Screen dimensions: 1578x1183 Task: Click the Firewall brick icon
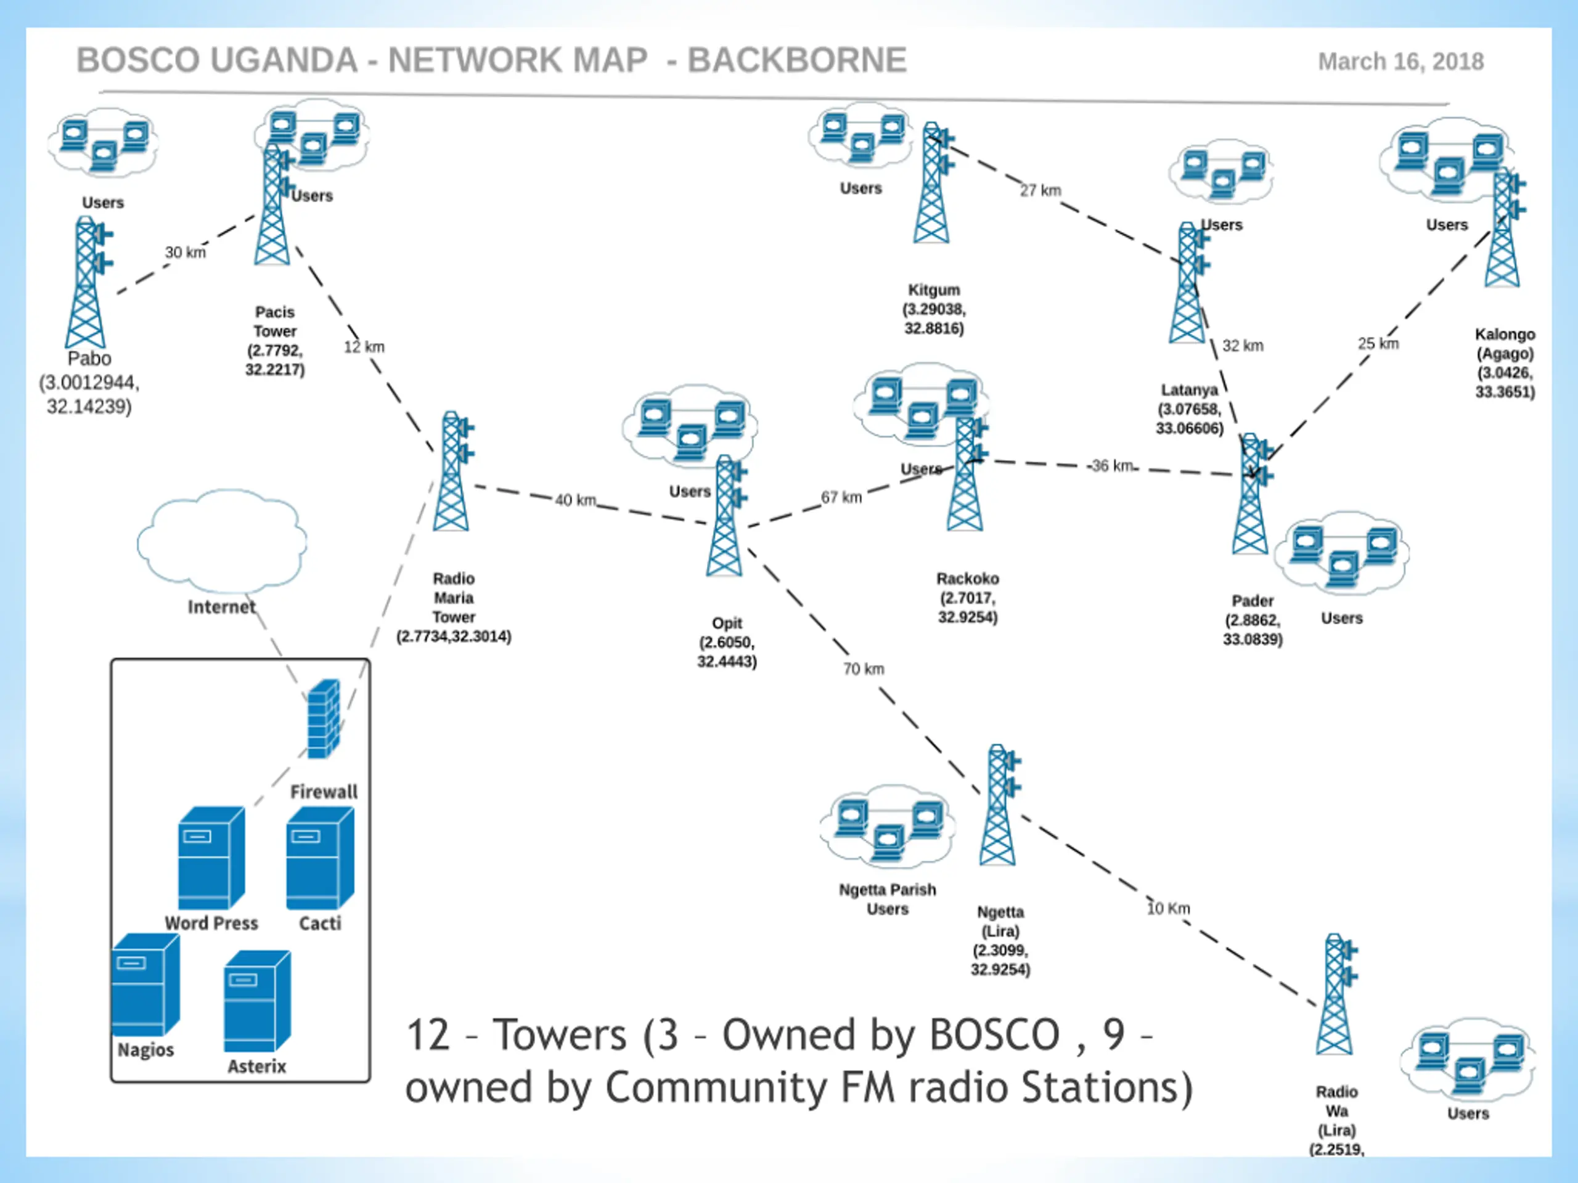click(x=323, y=719)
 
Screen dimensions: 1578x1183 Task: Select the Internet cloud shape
click(x=222, y=541)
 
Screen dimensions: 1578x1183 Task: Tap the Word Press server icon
click(x=211, y=858)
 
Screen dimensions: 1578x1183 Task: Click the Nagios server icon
click(x=145, y=985)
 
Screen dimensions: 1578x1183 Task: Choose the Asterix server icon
click(x=257, y=1001)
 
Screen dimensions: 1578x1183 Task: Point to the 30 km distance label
click(x=186, y=253)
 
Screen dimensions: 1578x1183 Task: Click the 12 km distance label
click(x=364, y=346)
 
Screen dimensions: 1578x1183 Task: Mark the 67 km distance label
click(x=841, y=497)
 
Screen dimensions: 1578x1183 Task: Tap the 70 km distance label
click(x=863, y=669)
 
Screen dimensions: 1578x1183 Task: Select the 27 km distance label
click(x=1040, y=190)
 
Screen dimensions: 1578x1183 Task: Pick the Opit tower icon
click(x=726, y=516)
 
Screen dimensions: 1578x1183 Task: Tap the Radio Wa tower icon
click(x=1336, y=994)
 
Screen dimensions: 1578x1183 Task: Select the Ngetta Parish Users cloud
click(x=888, y=825)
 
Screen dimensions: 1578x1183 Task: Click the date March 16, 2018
click(x=1400, y=62)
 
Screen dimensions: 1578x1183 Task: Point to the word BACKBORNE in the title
click(x=797, y=60)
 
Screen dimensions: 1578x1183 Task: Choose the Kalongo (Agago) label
click(x=1505, y=344)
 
